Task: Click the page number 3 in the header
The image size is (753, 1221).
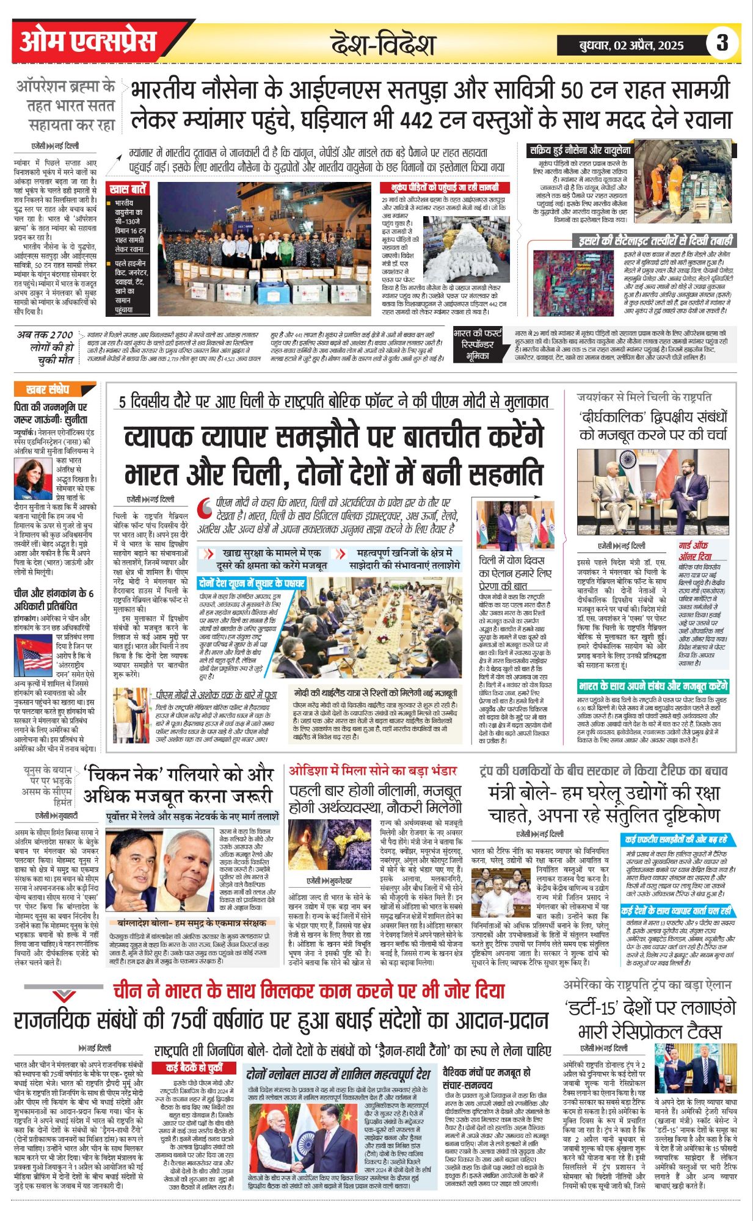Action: [x=722, y=43]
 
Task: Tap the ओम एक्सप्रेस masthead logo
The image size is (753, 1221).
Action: [x=89, y=42]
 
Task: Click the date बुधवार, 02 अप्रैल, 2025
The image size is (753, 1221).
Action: [x=631, y=45]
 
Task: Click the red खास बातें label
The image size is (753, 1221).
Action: [x=128, y=189]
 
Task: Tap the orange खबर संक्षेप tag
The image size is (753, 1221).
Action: [x=48, y=389]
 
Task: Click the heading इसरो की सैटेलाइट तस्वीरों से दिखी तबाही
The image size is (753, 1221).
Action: [x=652, y=240]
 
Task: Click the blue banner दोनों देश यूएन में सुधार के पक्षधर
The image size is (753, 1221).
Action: [x=252, y=583]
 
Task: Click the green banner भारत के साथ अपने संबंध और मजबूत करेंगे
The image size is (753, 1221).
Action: [x=653, y=686]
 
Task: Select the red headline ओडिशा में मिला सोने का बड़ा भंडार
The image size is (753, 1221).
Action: [x=373, y=770]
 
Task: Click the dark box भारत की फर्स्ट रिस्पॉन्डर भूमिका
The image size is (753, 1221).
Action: [x=478, y=345]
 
